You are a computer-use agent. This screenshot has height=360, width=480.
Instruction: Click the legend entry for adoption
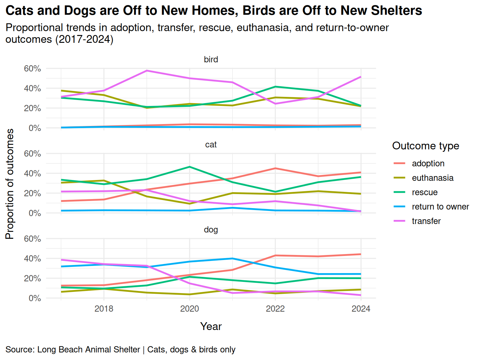428,163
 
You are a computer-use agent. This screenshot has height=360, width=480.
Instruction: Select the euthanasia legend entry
432,178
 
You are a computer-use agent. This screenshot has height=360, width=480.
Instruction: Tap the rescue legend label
425,192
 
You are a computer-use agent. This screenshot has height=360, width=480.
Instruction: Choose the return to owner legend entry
440,207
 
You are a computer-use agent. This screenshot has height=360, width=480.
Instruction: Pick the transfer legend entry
426,221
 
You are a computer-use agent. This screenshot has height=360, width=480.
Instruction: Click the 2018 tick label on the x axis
104,309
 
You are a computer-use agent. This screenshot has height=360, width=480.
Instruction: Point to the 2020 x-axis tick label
189,309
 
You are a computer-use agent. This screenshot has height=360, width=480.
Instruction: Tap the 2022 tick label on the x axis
275,309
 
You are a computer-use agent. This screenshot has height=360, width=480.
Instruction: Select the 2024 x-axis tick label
361,309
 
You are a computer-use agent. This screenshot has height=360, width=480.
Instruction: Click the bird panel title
211,59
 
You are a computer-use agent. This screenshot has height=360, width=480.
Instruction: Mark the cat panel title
211,145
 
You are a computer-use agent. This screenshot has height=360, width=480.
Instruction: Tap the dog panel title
211,230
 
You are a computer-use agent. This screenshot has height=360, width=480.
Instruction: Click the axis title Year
211,326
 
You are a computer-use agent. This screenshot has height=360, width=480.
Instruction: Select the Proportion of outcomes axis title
10,184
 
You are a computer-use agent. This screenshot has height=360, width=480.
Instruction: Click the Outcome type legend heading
426,146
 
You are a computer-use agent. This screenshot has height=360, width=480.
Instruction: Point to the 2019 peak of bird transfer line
147,71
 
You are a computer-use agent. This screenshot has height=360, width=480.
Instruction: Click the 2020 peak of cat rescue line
189,167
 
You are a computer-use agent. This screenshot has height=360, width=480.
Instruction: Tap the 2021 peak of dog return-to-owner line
232,258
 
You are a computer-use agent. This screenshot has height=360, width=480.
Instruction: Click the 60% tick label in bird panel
32,68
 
